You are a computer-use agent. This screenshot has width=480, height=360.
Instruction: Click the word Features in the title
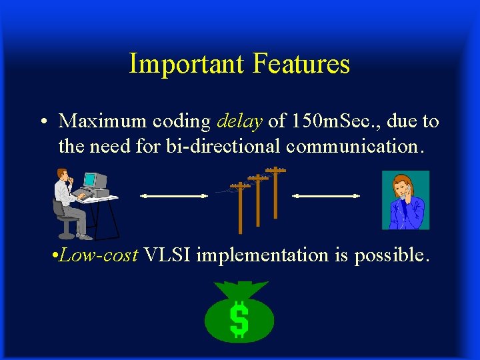tap(301, 64)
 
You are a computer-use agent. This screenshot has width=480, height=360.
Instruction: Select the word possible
tap(391, 255)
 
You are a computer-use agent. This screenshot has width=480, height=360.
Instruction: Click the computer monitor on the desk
tap(94, 180)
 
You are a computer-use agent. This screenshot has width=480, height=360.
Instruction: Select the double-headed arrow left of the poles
tap(174, 196)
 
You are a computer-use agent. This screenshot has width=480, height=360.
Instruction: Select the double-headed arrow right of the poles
tap(327, 196)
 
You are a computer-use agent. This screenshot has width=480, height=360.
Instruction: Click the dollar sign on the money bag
tap(239, 319)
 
